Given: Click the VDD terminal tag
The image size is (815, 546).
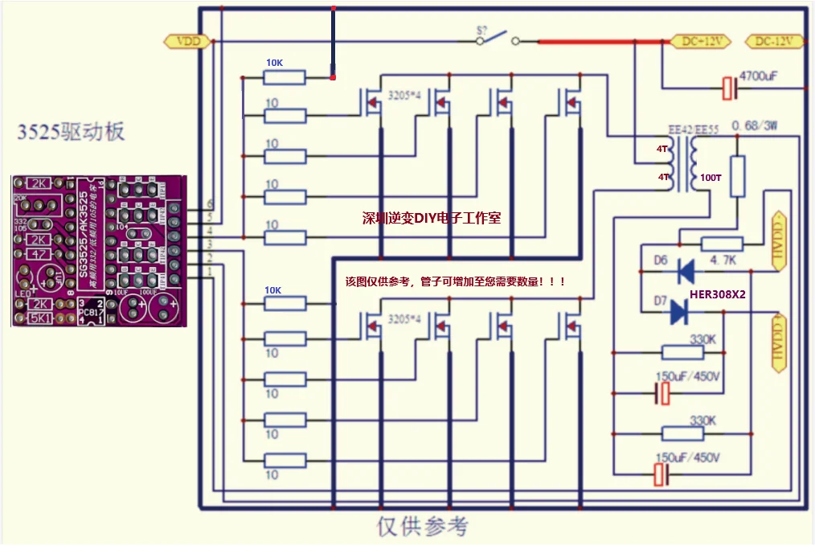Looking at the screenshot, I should [x=187, y=42].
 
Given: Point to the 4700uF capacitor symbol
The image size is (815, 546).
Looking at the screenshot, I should [x=729, y=88].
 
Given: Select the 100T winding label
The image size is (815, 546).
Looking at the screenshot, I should [x=711, y=177].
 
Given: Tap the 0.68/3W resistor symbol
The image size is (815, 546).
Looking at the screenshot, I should [x=735, y=176].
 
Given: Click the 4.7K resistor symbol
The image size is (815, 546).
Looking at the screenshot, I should [x=722, y=244].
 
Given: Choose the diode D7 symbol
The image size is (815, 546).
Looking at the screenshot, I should [x=680, y=311].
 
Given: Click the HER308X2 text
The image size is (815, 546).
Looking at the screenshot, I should [x=718, y=295].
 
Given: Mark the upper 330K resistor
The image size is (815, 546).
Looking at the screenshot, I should [x=683, y=352].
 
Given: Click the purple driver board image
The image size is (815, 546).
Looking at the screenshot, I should [x=99, y=251].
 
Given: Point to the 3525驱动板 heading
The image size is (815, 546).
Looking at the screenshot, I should [x=72, y=132].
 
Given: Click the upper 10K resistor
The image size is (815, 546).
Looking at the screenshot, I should [x=285, y=76].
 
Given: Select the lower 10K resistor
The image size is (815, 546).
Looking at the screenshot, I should [x=285, y=303].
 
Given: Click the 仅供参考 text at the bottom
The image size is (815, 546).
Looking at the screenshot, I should [x=422, y=527].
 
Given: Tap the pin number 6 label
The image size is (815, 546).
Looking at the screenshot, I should [x=211, y=203].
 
